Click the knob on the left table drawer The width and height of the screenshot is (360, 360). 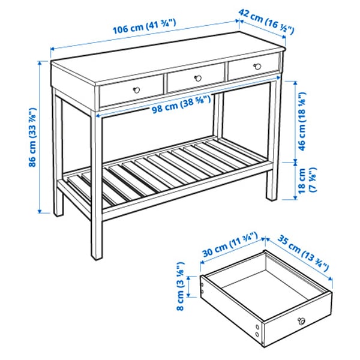click(x=136, y=89)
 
